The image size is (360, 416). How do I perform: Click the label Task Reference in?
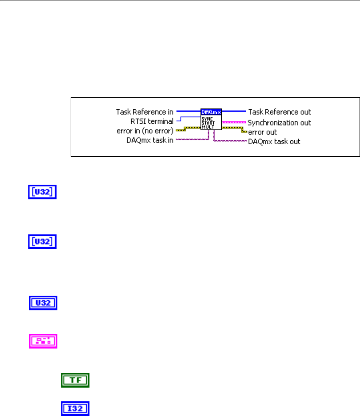tap(144, 112)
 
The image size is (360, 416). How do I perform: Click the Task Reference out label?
tap(279, 112)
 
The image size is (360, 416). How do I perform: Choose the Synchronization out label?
tap(279, 123)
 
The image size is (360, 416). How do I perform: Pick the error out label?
tap(263, 132)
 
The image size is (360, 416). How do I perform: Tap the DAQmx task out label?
tap(274, 142)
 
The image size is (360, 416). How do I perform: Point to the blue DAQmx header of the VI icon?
tap(211, 112)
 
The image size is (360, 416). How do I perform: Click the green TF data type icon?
tap(75, 380)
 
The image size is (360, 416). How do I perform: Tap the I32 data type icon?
tap(75, 408)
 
